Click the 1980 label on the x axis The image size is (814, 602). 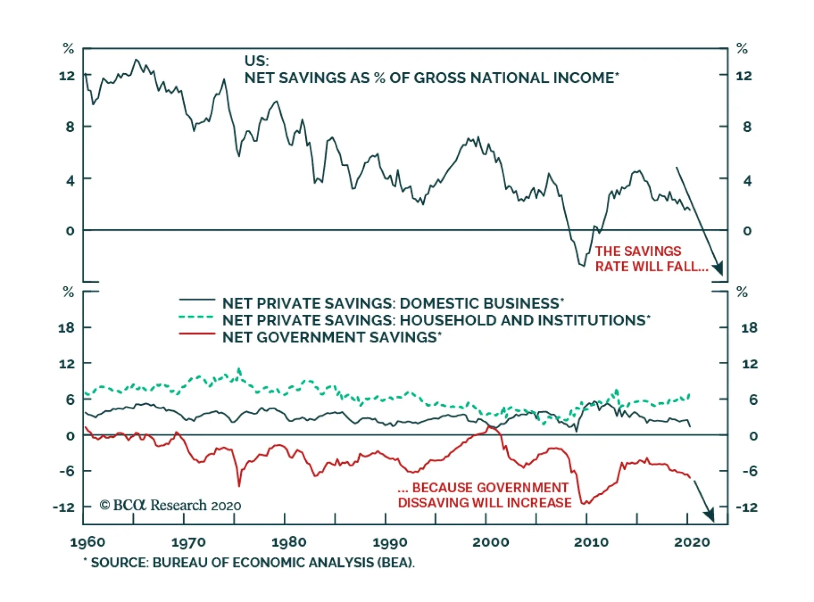pyautogui.click(x=288, y=542)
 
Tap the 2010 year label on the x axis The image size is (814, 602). pyautogui.click(x=591, y=542)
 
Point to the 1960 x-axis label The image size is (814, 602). pyautogui.click(x=88, y=542)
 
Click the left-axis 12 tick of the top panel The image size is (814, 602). pyautogui.click(x=67, y=76)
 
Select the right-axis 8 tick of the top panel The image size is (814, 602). pyautogui.click(x=746, y=127)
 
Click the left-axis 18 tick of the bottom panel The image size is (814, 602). pyautogui.click(x=66, y=328)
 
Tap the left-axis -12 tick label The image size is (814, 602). pyautogui.click(x=64, y=507)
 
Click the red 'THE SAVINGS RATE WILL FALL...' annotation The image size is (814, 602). pyautogui.click(x=651, y=259)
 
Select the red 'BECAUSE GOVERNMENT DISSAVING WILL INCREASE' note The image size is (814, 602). pyautogui.click(x=484, y=495)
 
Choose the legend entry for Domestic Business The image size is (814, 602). pyautogui.click(x=393, y=304)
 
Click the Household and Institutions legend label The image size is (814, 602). pyautogui.click(x=436, y=320)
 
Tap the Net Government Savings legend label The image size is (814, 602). pyautogui.click(x=332, y=338)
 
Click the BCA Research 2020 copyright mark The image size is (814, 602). pyautogui.click(x=170, y=505)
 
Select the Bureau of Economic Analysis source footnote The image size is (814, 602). pyautogui.click(x=249, y=563)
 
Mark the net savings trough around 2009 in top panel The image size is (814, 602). pyautogui.click(x=582, y=265)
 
